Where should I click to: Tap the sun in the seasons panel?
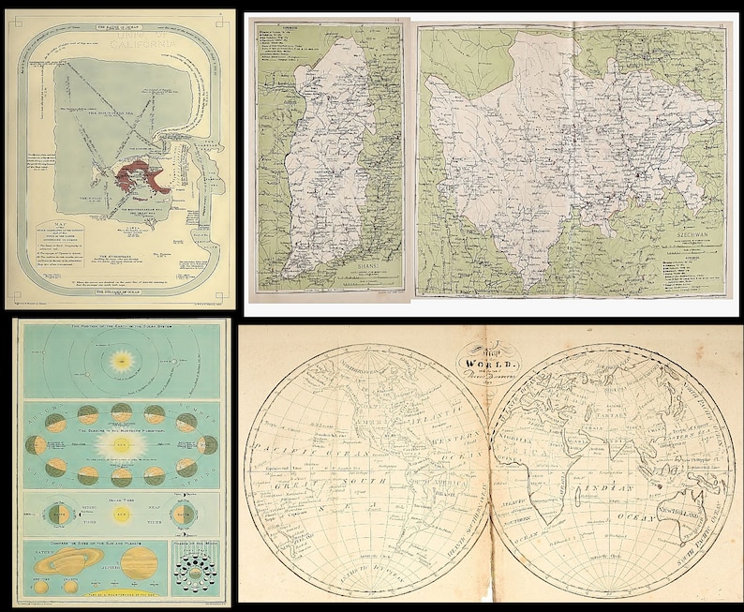click(121, 444)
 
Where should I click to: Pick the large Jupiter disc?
click(139, 563)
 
